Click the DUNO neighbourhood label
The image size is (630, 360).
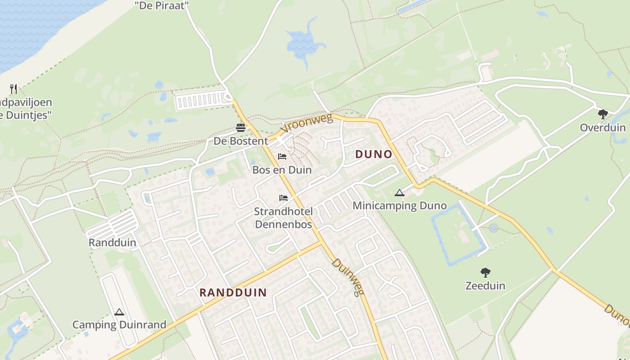373,154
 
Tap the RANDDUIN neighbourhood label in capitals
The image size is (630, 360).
233,292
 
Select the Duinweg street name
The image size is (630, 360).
347,277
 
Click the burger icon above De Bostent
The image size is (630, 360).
241,128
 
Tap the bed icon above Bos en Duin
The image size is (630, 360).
282,157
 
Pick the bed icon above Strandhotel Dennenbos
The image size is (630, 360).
283,198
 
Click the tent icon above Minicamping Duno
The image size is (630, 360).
399,193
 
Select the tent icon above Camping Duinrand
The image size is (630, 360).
119,312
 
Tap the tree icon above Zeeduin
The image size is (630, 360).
485,272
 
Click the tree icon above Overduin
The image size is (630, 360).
603,114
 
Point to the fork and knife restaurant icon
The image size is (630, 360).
13,89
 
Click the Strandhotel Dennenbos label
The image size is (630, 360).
283,218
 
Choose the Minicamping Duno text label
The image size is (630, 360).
400,206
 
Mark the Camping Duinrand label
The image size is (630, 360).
119,324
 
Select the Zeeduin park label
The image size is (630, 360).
485,286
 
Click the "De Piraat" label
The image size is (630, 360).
162,5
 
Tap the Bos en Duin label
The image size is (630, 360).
282,170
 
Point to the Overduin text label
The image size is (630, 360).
603,127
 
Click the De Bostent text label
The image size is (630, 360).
241,141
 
